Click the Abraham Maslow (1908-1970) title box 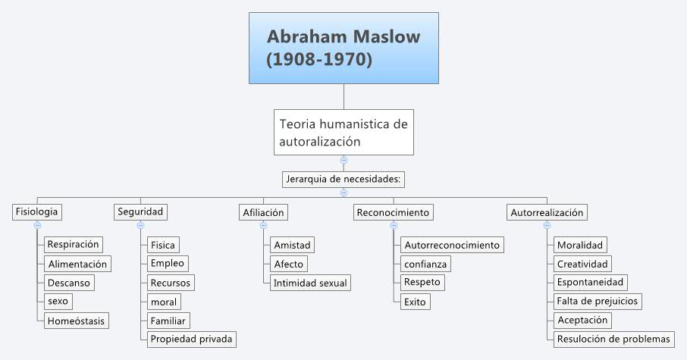(x=343, y=48)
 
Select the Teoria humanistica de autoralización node (x=343, y=132)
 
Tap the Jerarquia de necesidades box (x=343, y=180)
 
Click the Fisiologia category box (x=36, y=212)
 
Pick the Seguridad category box (x=141, y=212)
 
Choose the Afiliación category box (x=262, y=212)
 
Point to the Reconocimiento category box (x=394, y=212)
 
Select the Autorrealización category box (x=547, y=212)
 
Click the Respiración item (x=74, y=244)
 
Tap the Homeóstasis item (x=76, y=321)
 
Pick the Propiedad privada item (x=191, y=339)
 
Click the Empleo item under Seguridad (x=168, y=263)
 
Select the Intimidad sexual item (x=310, y=283)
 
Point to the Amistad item (x=292, y=245)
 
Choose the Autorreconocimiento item (x=452, y=245)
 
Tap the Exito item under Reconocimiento (x=416, y=302)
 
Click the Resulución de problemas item (x=613, y=339)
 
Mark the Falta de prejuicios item (x=598, y=301)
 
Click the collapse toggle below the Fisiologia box (x=36, y=225)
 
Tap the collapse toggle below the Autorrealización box (x=547, y=225)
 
